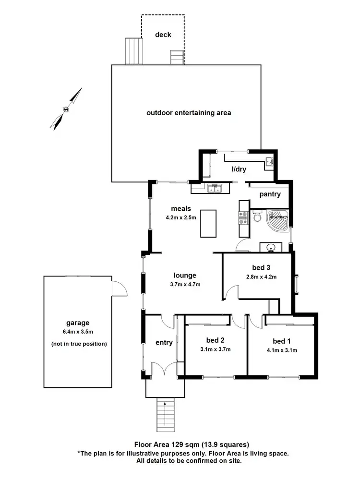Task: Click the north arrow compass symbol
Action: (66, 108)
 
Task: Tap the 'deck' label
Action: (163, 35)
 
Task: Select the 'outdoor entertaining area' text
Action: (189, 113)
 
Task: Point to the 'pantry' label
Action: (270, 194)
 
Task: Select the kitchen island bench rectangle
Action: (208, 223)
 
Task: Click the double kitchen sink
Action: (215, 189)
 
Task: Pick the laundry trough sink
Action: (269, 161)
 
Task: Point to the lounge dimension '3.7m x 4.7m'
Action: (185, 285)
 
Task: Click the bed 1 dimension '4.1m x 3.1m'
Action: (279, 350)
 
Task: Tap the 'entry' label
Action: (164, 342)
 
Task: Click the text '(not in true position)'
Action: (78, 344)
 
